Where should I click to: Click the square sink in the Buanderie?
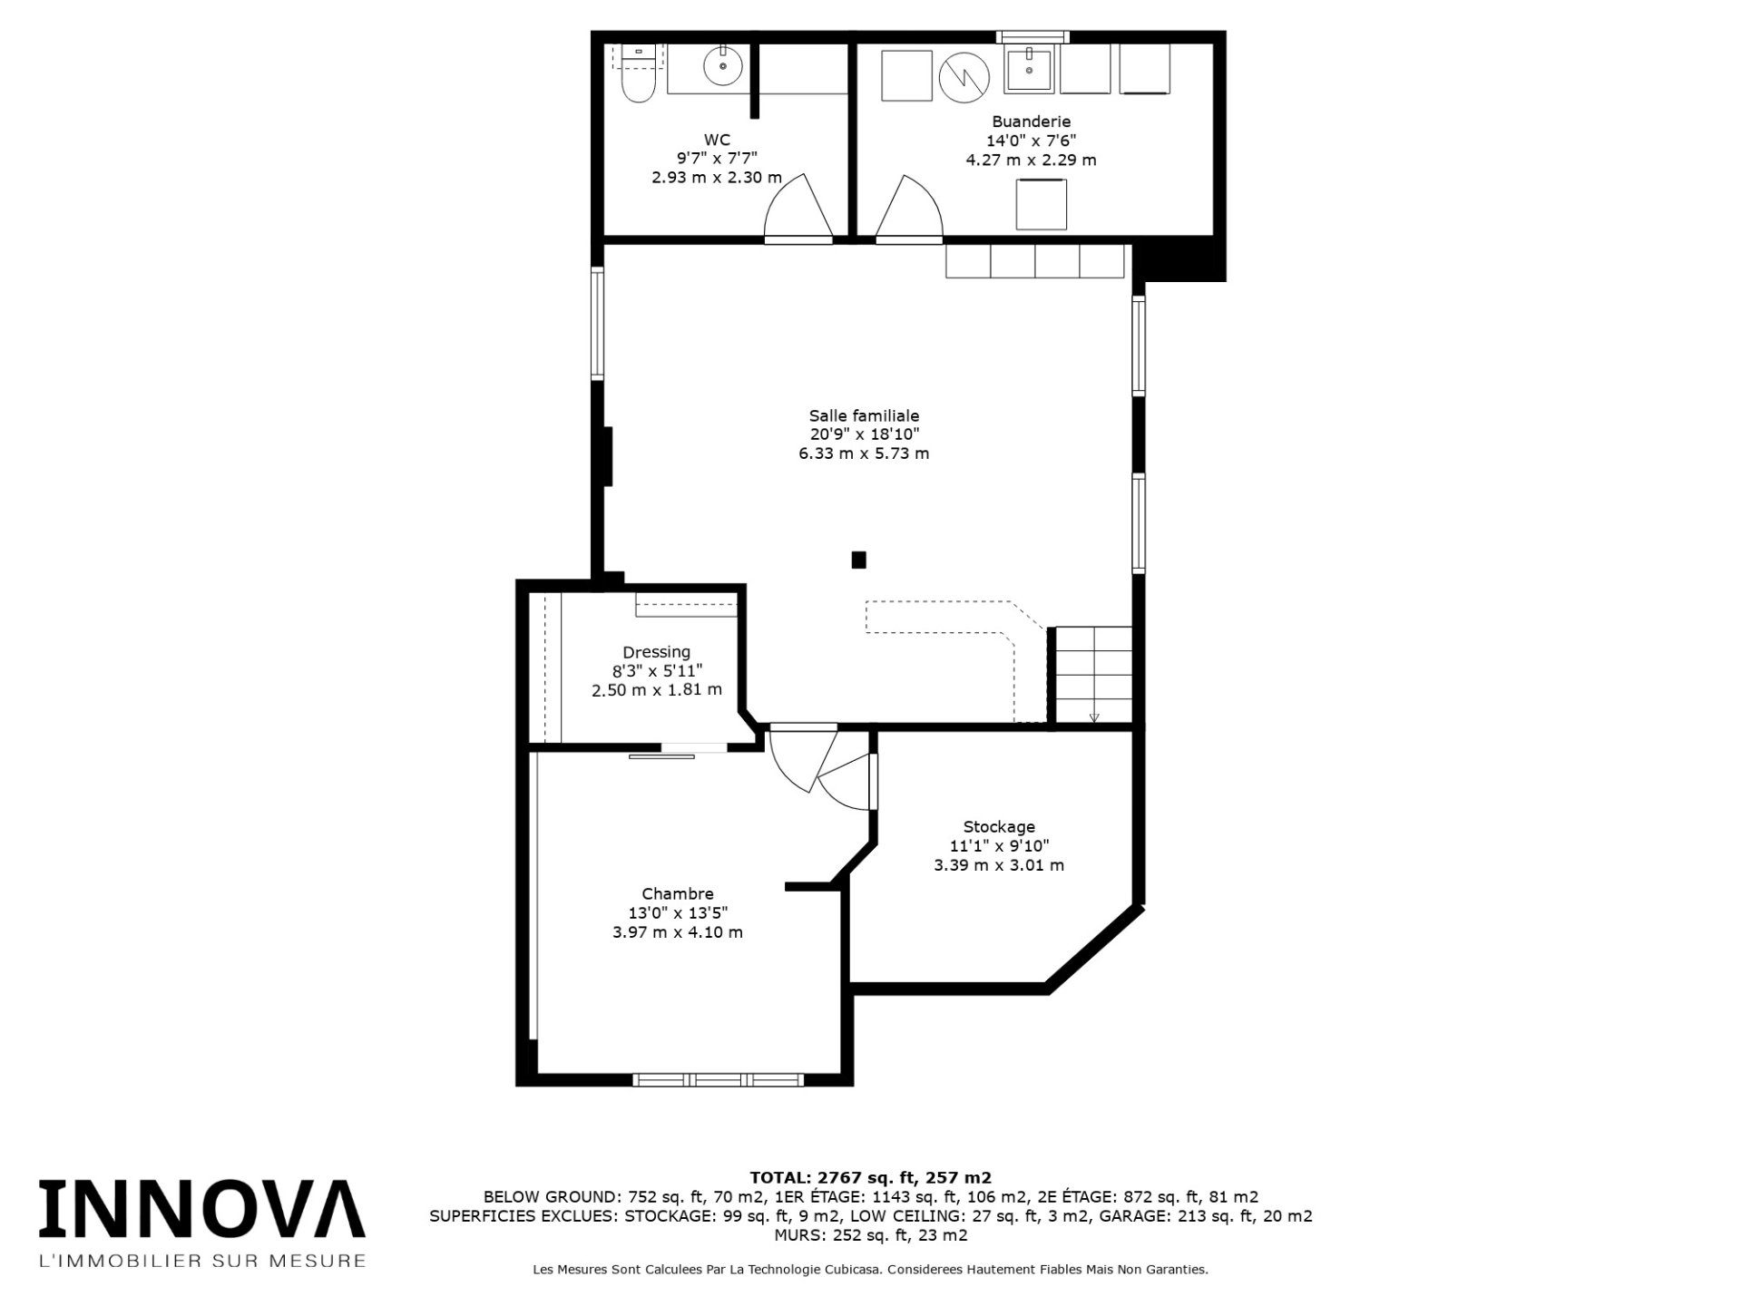pyautogui.click(x=1029, y=70)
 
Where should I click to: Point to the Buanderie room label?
pyautogui.click(x=1031, y=122)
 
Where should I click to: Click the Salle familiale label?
pyautogui.click(x=864, y=415)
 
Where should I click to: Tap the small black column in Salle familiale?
pyautogui.click(x=858, y=560)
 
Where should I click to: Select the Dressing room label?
pyautogui.click(x=656, y=652)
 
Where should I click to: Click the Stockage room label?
pyautogui.click(x=999, y=827)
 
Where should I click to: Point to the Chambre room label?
pyautogui.click(x=678, y=894)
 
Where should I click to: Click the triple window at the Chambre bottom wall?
pyautogui.click(x=718, y=1079)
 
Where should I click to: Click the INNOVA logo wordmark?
pyautogui.click(x=201, y=1208)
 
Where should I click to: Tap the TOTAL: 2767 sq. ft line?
pyautogui.click(x=870, y=1178)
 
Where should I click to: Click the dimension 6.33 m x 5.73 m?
pyautogui.click(x=864, y=453)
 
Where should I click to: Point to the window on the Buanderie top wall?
pyautogui.click(x=1032, y=37)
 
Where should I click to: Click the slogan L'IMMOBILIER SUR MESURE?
pyautogui.click(x=201, y=1261)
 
